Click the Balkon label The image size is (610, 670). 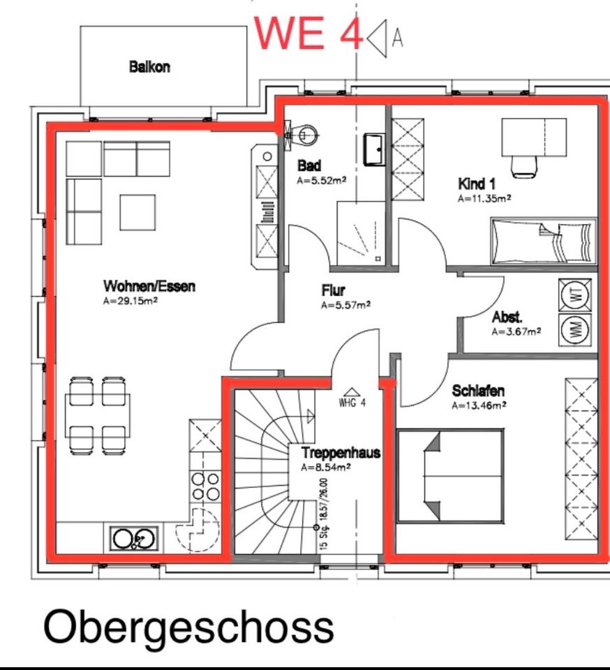(149, 68)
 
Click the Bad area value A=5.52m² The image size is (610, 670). (322, 180)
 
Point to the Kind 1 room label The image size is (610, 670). (477, 184)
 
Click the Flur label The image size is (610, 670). (334, 290)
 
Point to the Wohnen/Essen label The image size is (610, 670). (149, 286)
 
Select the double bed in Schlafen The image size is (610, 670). (450, 475)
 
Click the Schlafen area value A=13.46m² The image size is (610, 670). (479, 404)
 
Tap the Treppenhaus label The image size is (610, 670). (341, 453)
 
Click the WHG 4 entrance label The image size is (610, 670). (352, 403)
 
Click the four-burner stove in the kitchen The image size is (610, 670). (205, 486)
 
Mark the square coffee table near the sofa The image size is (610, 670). (137, 212)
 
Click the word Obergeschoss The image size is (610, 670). (188, 626)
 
